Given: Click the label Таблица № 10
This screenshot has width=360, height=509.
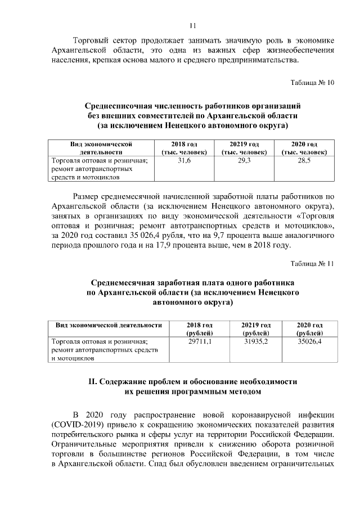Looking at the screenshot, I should (x=312, y=83).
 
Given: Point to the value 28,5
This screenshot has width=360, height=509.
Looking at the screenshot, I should (x=304, y=161).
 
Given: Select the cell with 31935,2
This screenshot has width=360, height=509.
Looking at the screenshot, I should (x=256, y=341).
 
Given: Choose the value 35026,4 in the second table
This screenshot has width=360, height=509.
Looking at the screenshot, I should (x=309, y=341).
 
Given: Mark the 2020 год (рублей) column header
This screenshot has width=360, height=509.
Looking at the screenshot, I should (x=309, y=329).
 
